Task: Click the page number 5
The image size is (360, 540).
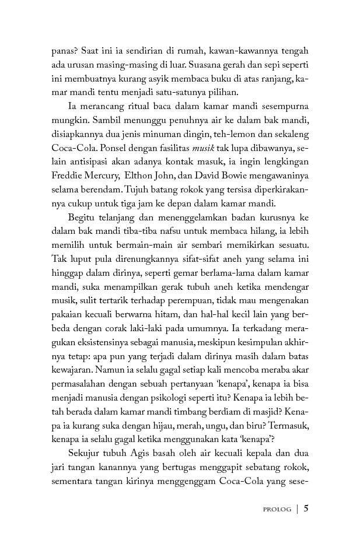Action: (x=306, y=508)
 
